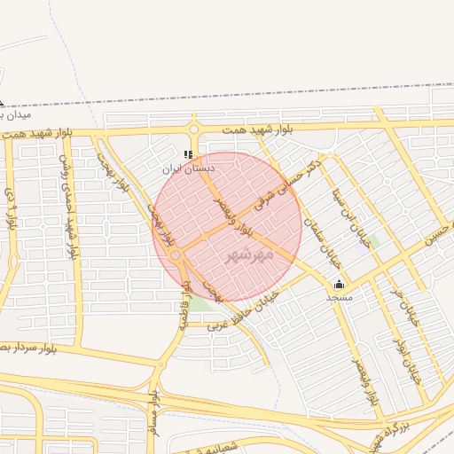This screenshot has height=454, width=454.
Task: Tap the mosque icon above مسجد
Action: (x=339, y=284)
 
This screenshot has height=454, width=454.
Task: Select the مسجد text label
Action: (x=339, y=298)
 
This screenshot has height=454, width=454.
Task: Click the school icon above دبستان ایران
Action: (x=188, y=153)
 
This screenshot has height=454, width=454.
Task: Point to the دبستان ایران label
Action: (x=188, y=167)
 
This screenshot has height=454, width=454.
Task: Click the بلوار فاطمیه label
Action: (x=187, y=306)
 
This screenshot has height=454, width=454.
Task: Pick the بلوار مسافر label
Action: (x=153, y=418)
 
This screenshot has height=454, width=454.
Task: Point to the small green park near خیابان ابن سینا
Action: (x=375, y=239)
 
